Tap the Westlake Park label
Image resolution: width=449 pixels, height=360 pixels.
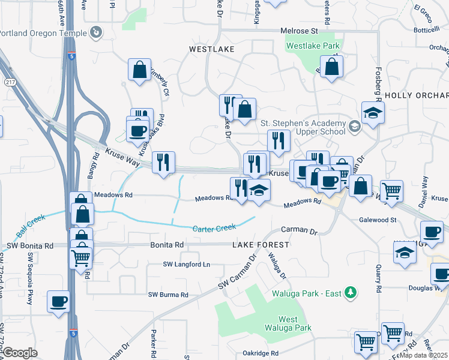click(x=313, y=46)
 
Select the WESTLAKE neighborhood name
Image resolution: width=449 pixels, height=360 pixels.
click(x=211, y=49)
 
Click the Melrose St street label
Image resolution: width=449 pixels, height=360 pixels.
click(x=299, y=31)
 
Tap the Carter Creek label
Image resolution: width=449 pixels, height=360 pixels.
click(x=214, y=228)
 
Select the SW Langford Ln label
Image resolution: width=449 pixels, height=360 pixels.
click(x=187, y=264)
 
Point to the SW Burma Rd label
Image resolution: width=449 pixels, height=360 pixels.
click(x=168, y=295)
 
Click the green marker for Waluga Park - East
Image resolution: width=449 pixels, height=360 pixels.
click(x=352, y=293)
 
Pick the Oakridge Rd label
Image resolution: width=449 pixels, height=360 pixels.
click(x=261, y=353)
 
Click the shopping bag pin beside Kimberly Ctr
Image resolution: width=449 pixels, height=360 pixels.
click(x=139, y=70)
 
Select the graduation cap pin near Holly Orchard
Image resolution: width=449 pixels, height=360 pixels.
click(x=373, y=112)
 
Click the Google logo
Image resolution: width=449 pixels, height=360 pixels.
click(x=20, y=353)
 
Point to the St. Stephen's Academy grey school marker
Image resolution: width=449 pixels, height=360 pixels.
click(x=354, y=127)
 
